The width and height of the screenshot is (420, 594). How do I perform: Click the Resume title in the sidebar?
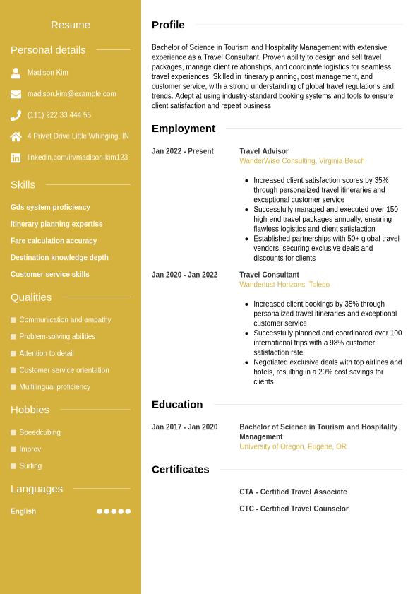(x=71, y=25)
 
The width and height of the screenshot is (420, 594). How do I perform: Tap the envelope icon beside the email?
(x=16, y=94)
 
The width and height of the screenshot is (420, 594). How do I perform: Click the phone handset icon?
(x=16, y=115)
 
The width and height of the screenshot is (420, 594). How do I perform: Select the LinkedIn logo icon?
(x=16, y=158)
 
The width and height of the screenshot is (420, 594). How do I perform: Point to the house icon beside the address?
(x=16, y=136)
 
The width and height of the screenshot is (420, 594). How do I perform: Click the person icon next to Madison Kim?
(x=16, y=73)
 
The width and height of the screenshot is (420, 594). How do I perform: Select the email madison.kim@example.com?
(x=71, y=94)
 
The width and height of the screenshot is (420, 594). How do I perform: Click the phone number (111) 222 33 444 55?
(x=59, y=115)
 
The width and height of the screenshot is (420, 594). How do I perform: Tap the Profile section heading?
(x=168, y=25)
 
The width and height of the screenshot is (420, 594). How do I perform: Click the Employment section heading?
(x=184, y=129)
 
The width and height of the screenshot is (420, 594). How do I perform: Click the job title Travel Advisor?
(x=264, y=151)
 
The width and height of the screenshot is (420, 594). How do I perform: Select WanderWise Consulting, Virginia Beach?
(x=302, y=161)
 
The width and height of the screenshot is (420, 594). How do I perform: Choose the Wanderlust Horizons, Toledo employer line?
(x=284, y=285)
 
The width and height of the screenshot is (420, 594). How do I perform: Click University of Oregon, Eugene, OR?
(x=293, y=446)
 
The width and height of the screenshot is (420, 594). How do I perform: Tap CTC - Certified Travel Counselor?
(x=294, y=509)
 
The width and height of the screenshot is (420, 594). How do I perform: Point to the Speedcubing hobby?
(x=40, y=432)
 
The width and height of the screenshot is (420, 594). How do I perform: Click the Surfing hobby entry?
(x=30, y=466)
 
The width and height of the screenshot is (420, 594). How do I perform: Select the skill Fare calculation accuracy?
(x=54, y=241)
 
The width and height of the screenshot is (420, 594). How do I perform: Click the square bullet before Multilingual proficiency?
(x=13, y=387)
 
